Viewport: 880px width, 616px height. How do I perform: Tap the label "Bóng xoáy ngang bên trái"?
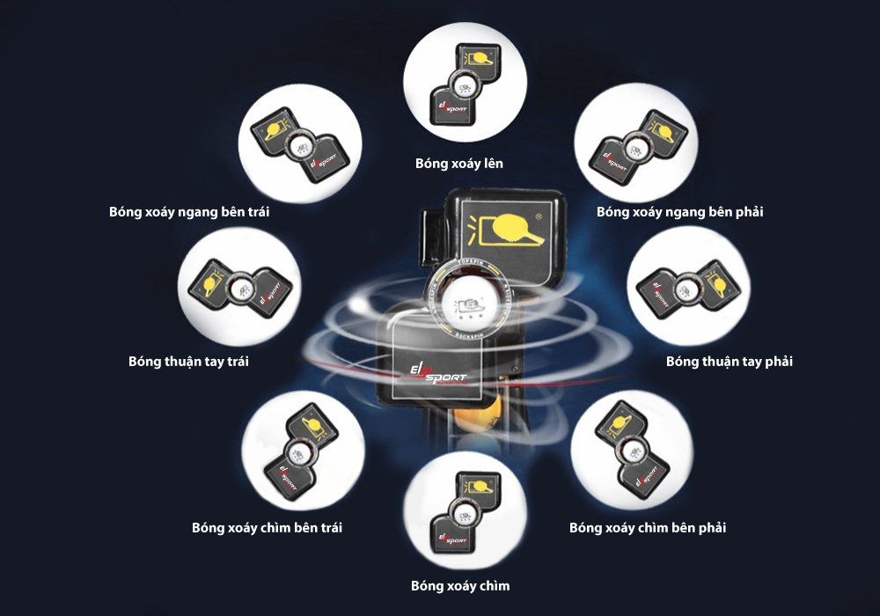click(x=190, y=212)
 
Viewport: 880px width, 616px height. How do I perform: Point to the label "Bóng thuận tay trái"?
click(x=188, y=362)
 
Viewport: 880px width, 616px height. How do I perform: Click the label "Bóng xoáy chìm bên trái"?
click(x=267, y=528)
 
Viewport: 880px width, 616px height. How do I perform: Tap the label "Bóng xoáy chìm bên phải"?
click(x=648, y=528)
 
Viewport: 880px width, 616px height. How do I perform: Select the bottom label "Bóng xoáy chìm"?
click(x=460, y=585)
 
